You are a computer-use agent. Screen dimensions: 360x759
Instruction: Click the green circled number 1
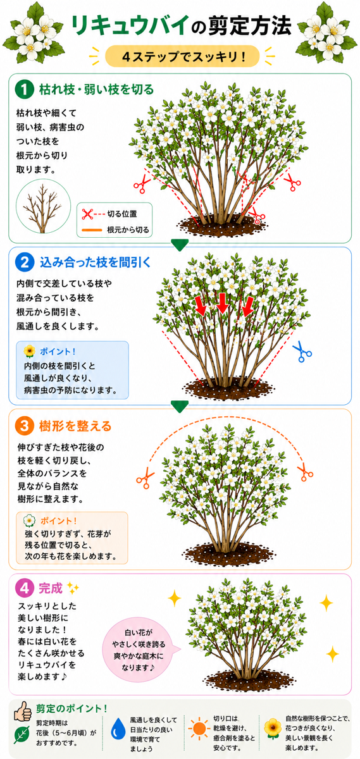click(25, 89)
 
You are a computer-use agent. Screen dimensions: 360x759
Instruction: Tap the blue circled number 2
click(25, 262)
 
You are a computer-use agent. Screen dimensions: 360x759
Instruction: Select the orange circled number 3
click(25, 426)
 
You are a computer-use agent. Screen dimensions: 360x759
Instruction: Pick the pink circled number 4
click(25, 588)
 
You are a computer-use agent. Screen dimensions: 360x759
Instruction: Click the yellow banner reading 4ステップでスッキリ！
click(182, 56)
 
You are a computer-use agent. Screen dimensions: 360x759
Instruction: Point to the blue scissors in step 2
click(302, 352)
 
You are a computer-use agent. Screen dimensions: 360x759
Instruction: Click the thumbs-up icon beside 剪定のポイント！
click(23, 711)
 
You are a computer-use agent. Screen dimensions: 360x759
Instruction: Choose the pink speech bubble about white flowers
click(140, 650)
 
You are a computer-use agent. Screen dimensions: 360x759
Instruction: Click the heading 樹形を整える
click(75, 426)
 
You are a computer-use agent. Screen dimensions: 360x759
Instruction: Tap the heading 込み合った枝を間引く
click(95, 262)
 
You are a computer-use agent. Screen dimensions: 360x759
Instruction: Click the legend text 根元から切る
click(128, 230)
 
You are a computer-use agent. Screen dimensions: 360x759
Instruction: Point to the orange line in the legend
click(92, 230)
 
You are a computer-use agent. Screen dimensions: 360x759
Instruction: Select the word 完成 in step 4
click(51, 588)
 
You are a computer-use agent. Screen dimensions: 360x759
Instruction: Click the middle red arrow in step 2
click(223, 303)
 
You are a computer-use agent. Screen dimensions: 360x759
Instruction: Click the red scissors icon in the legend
click(87, 214)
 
